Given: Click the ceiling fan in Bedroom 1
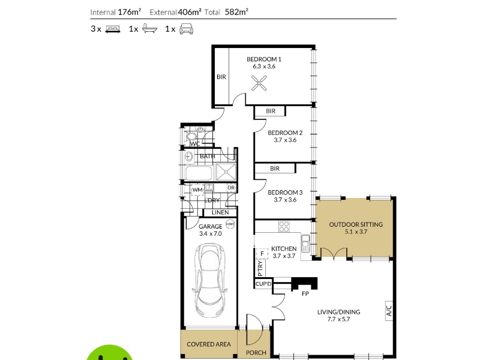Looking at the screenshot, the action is click(x=259, y=83).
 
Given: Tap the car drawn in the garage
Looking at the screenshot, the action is click(x=210, y=280).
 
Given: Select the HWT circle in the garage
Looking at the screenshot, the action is click(x=230, y=224).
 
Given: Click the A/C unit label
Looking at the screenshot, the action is click(x=389, y=311).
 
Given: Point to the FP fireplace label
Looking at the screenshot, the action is click(x=305, y=294).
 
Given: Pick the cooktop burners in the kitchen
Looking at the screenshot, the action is click(x=284, y=227).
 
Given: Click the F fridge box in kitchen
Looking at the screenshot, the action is click(x=262, y=253).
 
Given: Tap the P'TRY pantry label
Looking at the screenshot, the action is click(x=260, y=268).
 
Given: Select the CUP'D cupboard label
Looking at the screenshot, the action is click(x=263, y=284).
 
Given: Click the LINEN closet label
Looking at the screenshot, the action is click(x=220, y=212).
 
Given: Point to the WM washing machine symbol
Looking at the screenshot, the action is click(x=197, y=190).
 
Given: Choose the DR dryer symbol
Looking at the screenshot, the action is click(x=231, y=188).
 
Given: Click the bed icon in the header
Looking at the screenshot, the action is click(x=113, y=29).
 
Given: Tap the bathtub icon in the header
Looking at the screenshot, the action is click(x=149, y=29).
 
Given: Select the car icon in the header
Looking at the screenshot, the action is click(x=186, y=29).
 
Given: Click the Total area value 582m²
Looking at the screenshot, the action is click(x=236, y=12).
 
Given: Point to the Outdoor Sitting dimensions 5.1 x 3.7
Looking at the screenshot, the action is click(x=356, y=232).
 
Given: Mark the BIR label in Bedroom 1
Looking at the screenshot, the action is click(x=221, y=77).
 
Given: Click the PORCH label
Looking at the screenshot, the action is click(x=256, y=353).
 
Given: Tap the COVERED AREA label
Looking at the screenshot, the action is click(x=208, y=344).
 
